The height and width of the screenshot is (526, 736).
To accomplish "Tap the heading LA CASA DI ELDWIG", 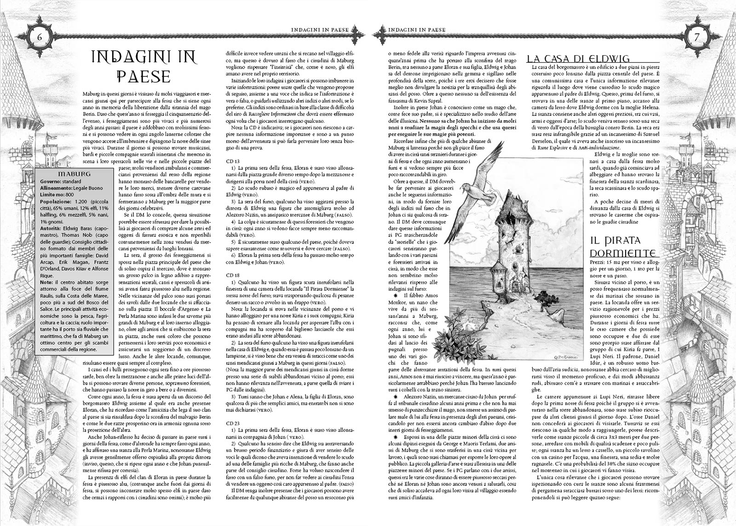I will pyautogui.click(x=578, y=58).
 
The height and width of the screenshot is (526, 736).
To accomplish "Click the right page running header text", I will pyautogui.click(x=417, y=29).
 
